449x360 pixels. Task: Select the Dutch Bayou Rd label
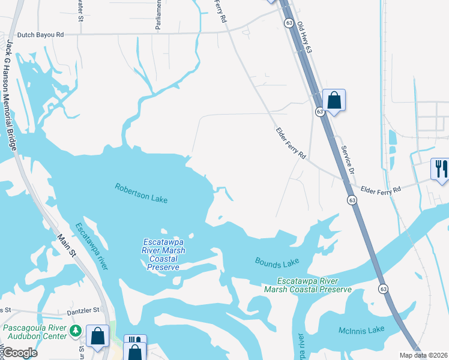pos(41,35)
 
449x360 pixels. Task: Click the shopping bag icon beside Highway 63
pos(334,100)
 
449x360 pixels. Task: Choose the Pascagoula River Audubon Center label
pos(35,332)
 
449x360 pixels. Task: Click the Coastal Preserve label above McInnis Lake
pos(308,285)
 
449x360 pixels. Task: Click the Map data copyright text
pos(423,355)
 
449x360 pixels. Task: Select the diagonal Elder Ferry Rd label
pos(291,143)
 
